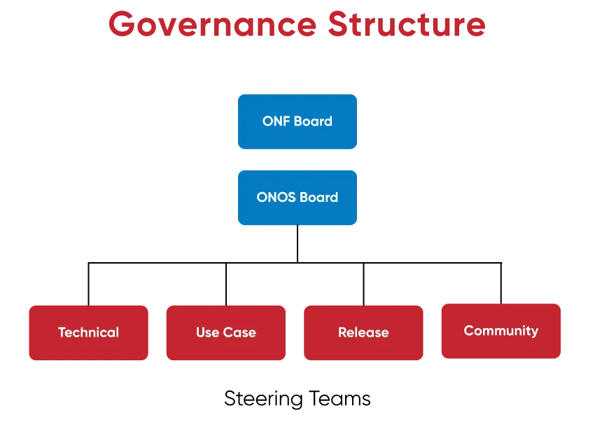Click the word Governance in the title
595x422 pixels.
click(x=213, y=25)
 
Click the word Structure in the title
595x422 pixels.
click(x=407, y=24)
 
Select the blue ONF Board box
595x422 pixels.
click(x=297, y=121)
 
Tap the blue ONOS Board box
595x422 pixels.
click(x=297, y=198)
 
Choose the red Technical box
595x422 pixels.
click(x=88, y=333)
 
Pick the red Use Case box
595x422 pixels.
click(x=226, y=333)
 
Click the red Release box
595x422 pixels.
click(x=363, y=333)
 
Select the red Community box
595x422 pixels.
click(x=501, y=331)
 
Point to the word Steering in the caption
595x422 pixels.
click(x=263, y=399)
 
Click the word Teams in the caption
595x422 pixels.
click(x=339, y=398)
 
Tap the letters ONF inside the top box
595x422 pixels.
click(x=276, y=121)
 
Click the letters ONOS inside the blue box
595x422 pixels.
click(x=276, y=197)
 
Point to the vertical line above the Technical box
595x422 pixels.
click(x=88, y=284)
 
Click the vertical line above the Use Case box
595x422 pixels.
click(x=226, y=284)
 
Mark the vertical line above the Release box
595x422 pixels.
click(x=363, y=284)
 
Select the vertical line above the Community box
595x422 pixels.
click(x=501, y=283)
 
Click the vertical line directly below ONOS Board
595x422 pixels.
click(x=297, y=243)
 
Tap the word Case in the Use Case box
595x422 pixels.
click(x=239, y=333)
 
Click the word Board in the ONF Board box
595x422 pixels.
click(x=313, y=121)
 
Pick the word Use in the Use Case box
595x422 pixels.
click(x=208, y=333)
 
